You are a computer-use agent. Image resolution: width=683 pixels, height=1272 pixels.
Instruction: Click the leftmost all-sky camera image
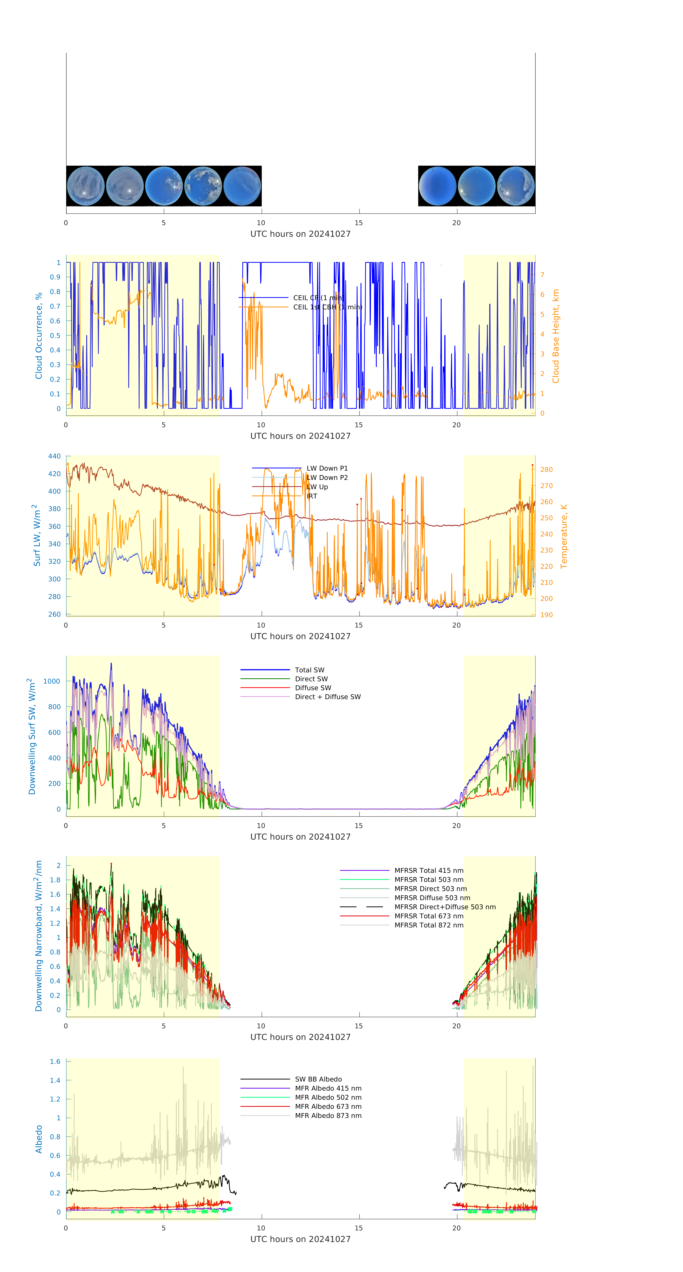pos(85,186)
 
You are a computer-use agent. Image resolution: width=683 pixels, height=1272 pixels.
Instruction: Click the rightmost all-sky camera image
pos(516,186)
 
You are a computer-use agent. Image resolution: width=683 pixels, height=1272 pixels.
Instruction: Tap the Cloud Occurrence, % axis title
pos(39,336)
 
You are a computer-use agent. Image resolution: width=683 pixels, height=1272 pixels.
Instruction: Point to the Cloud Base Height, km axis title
pos(556,336)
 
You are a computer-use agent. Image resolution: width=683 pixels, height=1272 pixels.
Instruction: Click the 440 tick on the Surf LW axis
pos(54,456)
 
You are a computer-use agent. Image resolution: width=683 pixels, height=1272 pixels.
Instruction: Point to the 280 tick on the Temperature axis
pos(546,470)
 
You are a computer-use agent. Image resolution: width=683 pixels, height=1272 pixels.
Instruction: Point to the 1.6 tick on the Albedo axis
pos(55,1062)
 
